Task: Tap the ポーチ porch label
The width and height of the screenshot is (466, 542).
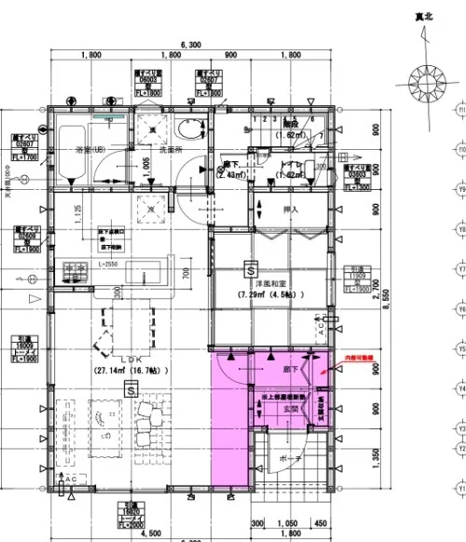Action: (289, 459)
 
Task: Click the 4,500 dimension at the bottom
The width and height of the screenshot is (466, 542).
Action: (148, 534)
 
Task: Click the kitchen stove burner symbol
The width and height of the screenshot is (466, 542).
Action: (74, 271)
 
